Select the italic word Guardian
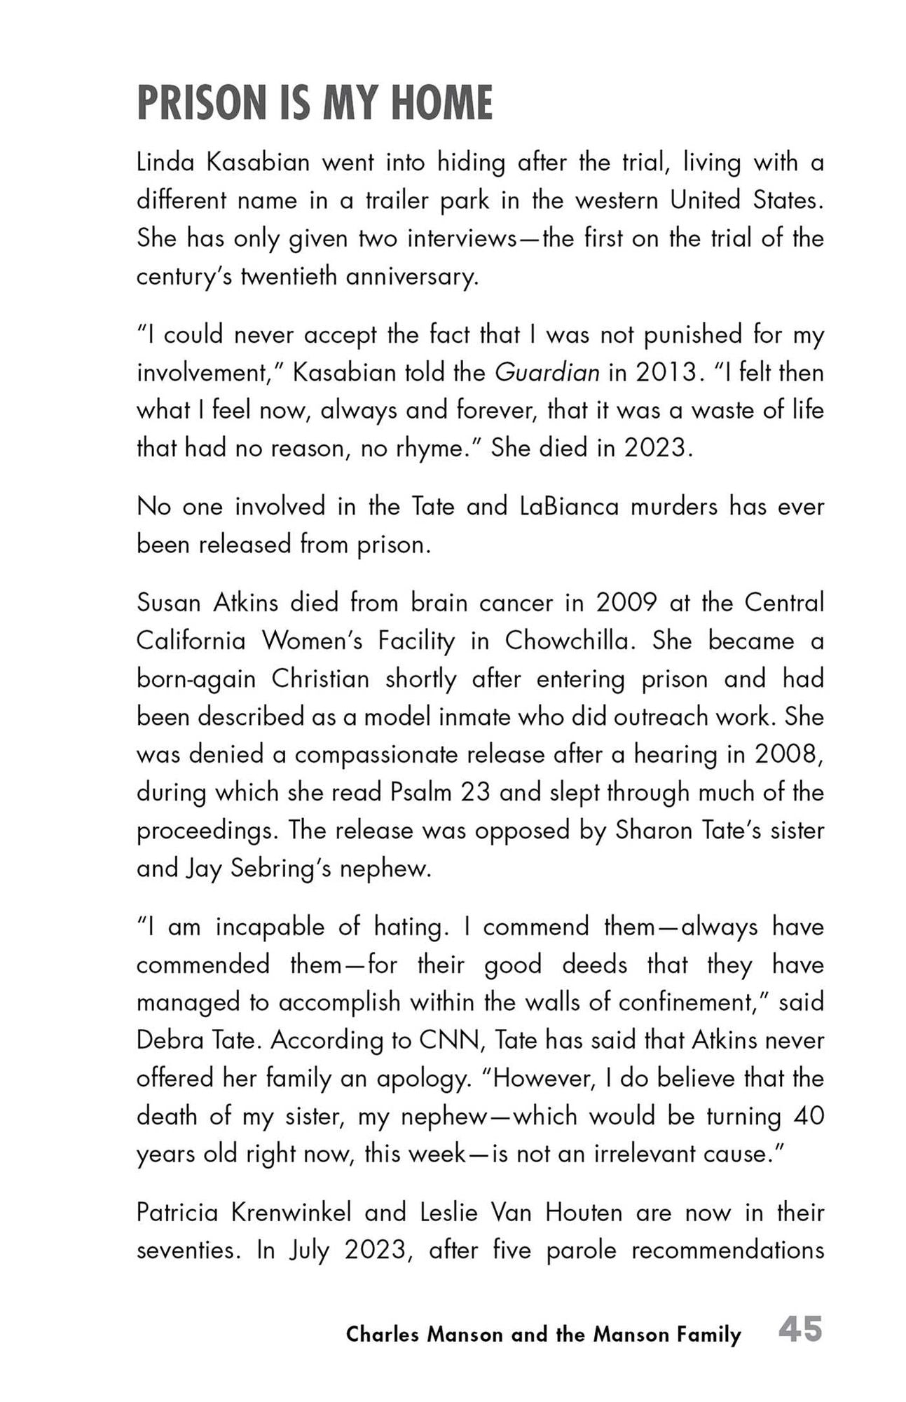point(547,372)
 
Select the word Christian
point(320,679)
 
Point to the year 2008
point(786,754)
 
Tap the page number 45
point(800,1329)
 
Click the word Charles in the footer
point(383,1334)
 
